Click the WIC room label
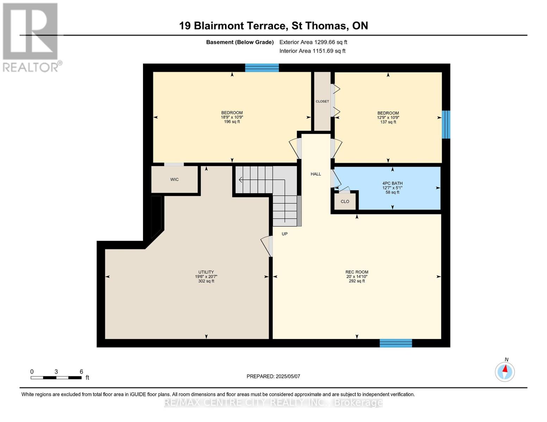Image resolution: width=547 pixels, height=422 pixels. [x=174, y=179]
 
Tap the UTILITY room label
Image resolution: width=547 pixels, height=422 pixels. [x=206, y=272]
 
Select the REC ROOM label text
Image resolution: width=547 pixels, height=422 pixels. [x=357, y=272]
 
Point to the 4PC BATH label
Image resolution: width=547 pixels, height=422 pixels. [x=392, y=183]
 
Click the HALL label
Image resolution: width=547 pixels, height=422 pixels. [x=316, y=174]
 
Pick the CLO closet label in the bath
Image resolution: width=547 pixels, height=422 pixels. [x=345, y=202]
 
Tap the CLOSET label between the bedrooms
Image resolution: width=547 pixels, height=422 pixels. [x=322, y=101]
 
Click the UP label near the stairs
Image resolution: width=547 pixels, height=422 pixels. [x=285, y=234]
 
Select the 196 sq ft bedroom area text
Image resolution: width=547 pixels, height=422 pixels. [x=232, y=122]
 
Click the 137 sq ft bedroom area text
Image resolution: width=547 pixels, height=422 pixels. [x=388, y=122]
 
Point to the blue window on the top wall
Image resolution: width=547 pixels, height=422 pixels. [x=262, y=68]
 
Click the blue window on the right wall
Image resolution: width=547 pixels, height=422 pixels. [x=446, y=124]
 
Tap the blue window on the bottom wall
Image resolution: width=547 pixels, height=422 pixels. [x=396, y=343]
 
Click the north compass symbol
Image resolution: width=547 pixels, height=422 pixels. [x=505, y=371]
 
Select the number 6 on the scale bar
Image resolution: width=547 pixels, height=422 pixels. [x=81, y=371]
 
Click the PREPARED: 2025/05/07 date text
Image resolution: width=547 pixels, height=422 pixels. [x=273, y=376]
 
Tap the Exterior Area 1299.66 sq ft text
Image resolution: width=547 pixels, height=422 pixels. [x=313, y=42]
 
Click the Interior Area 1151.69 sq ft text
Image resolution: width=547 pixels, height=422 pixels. [x=312, y=51]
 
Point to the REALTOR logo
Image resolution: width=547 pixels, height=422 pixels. [x=31, y=38]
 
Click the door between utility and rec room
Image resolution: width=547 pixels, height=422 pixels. [x=267, y=246]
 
